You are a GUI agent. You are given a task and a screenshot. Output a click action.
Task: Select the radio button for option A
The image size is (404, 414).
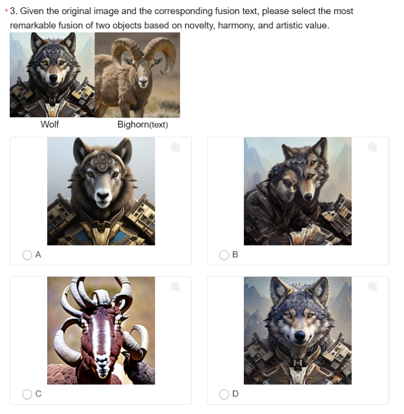pos(27,255)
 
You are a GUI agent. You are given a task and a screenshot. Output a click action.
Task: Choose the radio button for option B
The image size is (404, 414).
pos(224,255)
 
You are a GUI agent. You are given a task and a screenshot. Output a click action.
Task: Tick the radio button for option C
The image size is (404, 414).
pos(27,395)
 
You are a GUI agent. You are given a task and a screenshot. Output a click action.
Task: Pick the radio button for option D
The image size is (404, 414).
pos(224,395)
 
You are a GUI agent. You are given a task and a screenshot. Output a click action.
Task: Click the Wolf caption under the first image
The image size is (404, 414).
pos(50,124)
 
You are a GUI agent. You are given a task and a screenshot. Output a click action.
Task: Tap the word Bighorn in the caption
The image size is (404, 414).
pos(133,125)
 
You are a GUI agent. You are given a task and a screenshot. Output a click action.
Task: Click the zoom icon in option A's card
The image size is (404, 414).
pos(175,147)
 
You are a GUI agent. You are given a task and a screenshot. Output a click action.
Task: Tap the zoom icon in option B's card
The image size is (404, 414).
pos(372,147)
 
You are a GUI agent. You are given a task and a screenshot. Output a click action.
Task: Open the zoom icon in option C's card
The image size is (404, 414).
pos(175,287)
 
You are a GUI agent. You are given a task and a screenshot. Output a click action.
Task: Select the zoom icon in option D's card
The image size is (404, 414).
pos(372,287)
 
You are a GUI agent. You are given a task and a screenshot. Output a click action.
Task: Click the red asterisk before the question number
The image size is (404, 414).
pos(6,11)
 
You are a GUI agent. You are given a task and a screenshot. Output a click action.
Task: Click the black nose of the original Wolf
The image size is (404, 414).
pos(54,78)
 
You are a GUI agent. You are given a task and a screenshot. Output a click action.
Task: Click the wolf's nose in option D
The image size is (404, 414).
pos(300,335)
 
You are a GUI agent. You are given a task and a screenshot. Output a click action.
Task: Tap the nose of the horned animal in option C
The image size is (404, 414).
pos(101,360)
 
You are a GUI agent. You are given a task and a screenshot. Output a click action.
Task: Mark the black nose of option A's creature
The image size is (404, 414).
pos(103,196)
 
